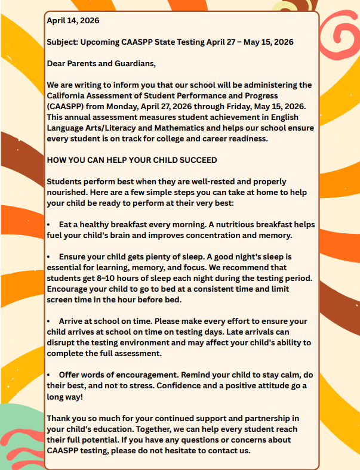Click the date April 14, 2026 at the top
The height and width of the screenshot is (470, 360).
[73, 20]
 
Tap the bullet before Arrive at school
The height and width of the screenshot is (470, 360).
[50, 321]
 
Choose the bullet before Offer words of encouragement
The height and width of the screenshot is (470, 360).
[50, 375]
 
